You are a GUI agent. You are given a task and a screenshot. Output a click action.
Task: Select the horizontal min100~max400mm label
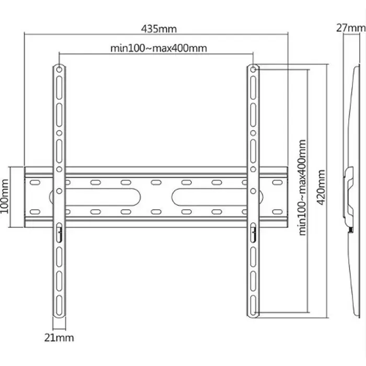coord(158,48)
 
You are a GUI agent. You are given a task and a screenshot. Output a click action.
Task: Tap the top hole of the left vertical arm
coord(59,69)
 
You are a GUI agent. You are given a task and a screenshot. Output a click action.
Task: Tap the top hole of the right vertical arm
coord(253,69)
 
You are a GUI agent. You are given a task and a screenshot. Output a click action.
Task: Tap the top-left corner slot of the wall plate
coord(36,183)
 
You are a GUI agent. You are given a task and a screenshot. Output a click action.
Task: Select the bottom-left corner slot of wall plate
coord(36,212)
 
